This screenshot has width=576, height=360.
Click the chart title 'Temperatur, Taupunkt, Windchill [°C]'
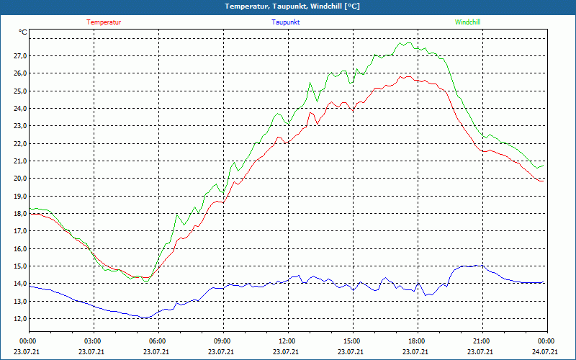288,6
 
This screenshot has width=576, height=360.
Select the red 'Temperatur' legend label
104,22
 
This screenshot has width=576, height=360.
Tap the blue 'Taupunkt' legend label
286,22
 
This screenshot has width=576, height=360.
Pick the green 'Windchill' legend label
468,22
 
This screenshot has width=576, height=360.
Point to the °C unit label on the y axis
23,32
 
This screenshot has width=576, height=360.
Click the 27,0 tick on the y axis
19,56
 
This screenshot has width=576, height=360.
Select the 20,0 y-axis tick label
19,179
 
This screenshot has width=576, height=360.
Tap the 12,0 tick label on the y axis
19,318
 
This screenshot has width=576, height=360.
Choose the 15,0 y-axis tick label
19,266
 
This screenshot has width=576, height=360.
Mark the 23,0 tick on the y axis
19,126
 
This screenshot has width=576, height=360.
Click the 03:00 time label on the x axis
93,341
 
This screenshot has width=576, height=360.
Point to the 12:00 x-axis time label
287,341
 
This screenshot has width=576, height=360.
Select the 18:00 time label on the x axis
417,341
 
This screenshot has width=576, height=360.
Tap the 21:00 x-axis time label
482,341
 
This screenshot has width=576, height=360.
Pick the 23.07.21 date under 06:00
158,352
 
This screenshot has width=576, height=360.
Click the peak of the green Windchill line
407,42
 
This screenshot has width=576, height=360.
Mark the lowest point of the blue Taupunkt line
144,318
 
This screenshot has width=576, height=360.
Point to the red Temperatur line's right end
544,181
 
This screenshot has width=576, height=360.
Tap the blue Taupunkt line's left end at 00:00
30,286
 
